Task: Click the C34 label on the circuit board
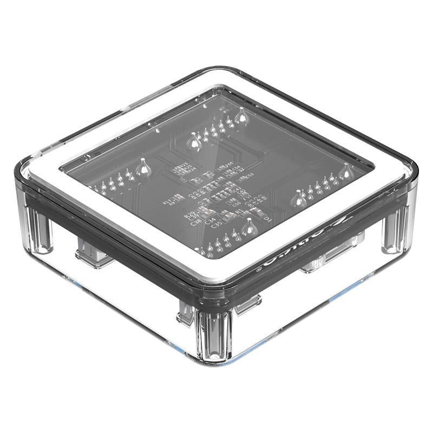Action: click(x=211, y=220)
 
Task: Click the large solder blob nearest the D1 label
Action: click(x=249, y=227)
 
